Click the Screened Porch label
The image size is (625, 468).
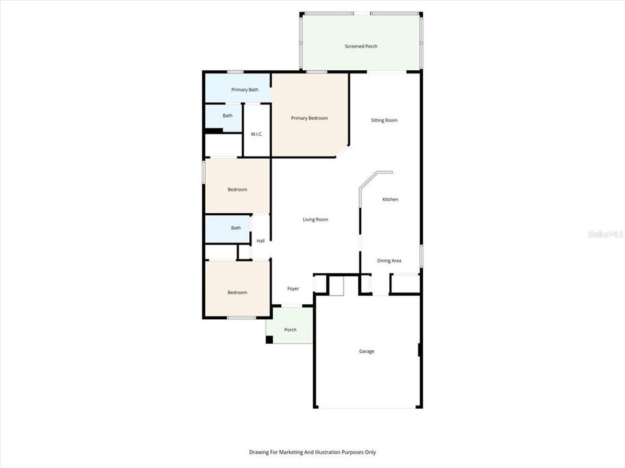[x=361, y=46]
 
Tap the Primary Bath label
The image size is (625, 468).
[x=245, y=90]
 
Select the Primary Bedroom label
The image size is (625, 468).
[x=309, y=118]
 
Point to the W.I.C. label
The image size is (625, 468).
[x=257, y=135]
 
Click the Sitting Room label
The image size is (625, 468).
[x=384, y=120]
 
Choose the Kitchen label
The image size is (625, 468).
[x=390, y=200]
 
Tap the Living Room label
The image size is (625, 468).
[x=315, y=220]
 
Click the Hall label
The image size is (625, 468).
[x=260, y=241]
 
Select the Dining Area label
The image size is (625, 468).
[x=389, y=261]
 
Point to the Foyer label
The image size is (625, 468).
[x=293, y=289]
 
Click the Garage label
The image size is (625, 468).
[x=367, y=352]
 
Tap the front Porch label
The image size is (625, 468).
[x=290, y=330]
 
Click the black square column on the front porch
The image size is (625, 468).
[x=269, y=339]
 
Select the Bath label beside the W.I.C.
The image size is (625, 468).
[x=227, y=116]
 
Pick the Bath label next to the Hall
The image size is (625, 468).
[x=236, y=228]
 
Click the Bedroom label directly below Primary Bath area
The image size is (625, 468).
[x=237, y=190]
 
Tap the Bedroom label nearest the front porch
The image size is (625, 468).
[x=237, y=292]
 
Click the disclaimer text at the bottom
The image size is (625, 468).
[x=312, y=452]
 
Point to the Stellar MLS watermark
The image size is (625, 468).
[x=605, y=233]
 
